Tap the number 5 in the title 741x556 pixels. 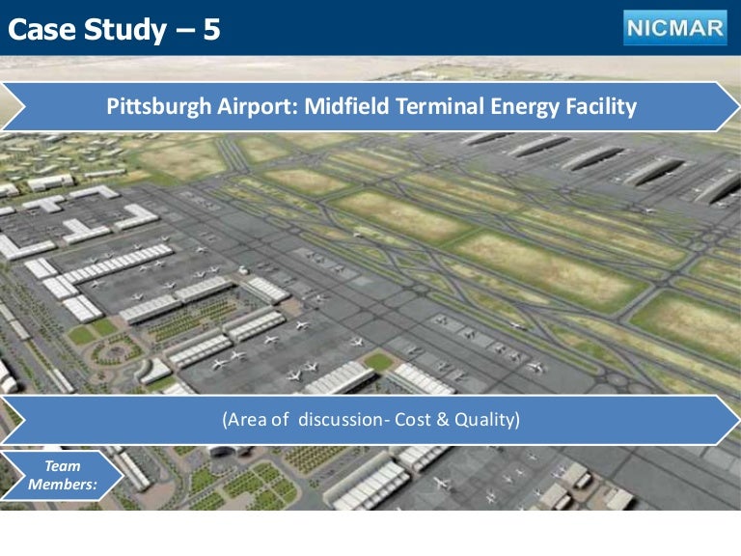click(x=210, y=30)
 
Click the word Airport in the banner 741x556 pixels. click(x=249, y=106)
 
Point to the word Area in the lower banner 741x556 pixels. click(x=246, y=420)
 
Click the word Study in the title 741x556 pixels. click(x=123, y=30)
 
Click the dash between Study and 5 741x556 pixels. click(x=182, y=31)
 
